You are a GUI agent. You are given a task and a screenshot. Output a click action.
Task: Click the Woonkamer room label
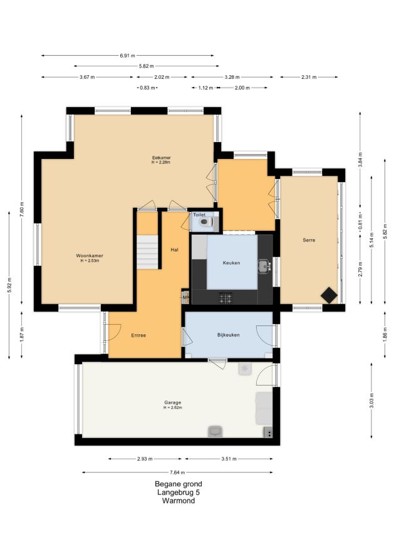click(x=90, y=256)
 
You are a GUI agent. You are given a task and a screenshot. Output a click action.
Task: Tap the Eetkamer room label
click(x=162, y=158)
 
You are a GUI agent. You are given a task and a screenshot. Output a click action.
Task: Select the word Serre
click(x=309, y=240)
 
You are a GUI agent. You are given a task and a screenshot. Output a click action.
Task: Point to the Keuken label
click(x=232, y=263)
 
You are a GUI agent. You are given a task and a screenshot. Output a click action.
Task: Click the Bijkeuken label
click(x=228, y=335)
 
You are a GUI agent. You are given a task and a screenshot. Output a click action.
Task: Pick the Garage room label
click(x=173, y=402)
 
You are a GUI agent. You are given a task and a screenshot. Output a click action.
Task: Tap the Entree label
click(x=138, y=335)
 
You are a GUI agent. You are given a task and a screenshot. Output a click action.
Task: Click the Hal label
click(x=174, y=250)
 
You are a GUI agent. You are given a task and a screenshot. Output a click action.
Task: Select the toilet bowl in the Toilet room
click(x=206, y=222)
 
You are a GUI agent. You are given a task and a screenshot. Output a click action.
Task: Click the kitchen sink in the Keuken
click(x=264, y=266)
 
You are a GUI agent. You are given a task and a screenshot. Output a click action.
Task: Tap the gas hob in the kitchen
click(x=226, y=298)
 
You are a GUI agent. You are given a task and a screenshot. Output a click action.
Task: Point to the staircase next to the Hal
click(x=148, y=252)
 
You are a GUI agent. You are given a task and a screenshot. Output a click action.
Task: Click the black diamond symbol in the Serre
click(x=329, y=295)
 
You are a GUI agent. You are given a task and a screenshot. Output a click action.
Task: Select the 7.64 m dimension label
click(x=177, y=473)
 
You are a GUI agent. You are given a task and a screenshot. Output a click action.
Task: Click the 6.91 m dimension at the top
click(x=127, y=56)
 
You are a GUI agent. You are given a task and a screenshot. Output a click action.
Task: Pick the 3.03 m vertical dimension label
click(x=371, y=401)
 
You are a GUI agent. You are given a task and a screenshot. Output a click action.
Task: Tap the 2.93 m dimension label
click(x=145, y=459)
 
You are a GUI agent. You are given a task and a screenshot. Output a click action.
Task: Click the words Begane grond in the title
click(x=179, y=484)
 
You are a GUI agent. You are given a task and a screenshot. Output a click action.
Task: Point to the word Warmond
click(x=179, y=501)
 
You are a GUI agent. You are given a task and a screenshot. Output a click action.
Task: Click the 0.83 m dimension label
click(x=148, y=88)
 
